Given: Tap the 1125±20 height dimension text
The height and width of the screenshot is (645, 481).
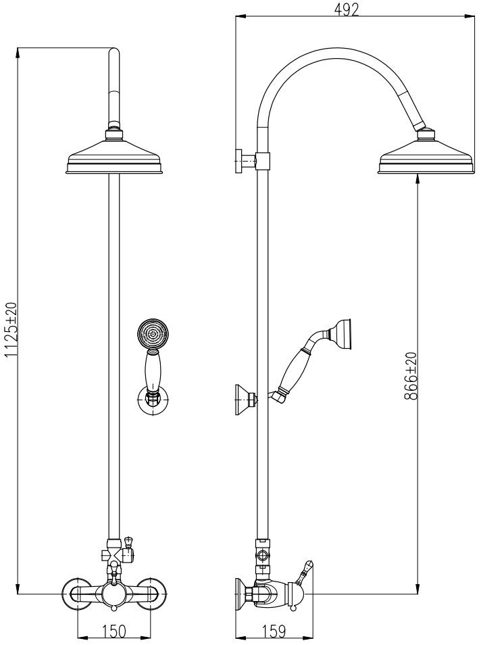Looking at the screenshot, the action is point(11,329).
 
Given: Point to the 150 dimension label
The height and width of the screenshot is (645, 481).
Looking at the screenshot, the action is point(115,631).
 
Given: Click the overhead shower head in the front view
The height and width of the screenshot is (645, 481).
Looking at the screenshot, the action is point(115,155).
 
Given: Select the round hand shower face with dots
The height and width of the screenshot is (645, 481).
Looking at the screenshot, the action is point(153,334).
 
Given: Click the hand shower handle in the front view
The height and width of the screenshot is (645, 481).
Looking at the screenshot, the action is point(153,373).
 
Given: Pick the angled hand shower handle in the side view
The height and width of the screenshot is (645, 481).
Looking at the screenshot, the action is point(297,368).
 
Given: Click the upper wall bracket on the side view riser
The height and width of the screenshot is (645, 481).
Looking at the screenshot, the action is point(252,161).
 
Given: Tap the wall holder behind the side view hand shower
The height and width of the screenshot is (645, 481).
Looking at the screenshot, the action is point(246,399).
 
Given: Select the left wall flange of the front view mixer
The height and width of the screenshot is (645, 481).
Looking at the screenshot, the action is point(75,593).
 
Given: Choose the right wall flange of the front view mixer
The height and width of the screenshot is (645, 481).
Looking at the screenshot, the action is point(154,593).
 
